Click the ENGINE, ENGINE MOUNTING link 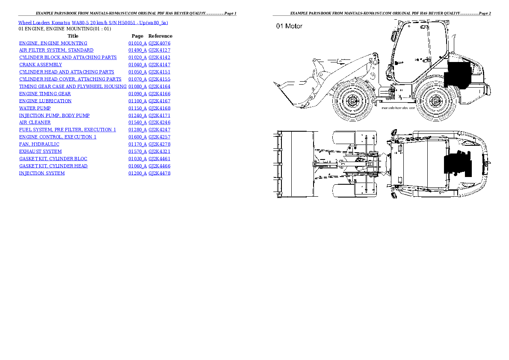pos(53,43)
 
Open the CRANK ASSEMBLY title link pos(40,65)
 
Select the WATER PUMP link pos(35,108)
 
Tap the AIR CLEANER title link pos(35,122)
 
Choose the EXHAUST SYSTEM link pos(40,151)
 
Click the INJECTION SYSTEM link pos(41,173)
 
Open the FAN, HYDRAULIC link pos(39,144)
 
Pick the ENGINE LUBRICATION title pos(45,101)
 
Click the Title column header pos(73,36)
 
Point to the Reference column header pos(160,36)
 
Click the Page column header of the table pos(137,36)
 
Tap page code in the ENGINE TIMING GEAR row pos(137,94)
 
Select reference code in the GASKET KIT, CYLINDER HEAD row pos(160,166)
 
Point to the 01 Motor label pos(289,26)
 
